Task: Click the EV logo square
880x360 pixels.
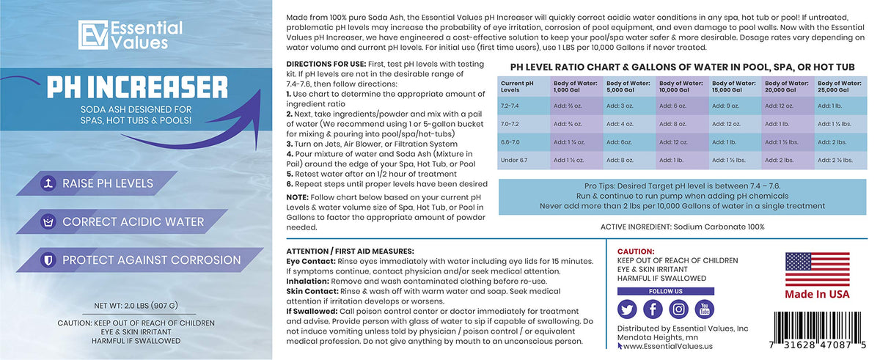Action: click(92, 35)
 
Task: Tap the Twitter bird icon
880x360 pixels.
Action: click(627, 309)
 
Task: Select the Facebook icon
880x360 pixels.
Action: click(653, 309)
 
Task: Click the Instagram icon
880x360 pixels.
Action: click(678, 309)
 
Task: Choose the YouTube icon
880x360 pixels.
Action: click(705, 309)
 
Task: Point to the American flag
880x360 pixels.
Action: click(817, 269)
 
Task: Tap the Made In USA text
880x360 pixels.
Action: click(817, 294)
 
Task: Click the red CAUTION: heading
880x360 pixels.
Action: click(636, 251)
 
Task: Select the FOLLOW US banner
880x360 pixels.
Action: click(666, 291)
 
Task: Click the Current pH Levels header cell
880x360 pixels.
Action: click(517, 87)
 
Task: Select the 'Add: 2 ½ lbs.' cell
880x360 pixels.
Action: click(835, 160)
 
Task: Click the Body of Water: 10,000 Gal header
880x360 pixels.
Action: click(681, 87)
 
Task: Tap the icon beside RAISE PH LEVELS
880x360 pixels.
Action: click(48, 183)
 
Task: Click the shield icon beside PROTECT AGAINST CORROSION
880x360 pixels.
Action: click(48, 260)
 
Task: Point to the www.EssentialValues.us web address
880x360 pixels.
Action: click(668, 346)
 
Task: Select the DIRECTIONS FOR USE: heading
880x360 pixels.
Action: click(326, 64)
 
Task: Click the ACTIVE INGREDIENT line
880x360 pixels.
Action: click(683, 227)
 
